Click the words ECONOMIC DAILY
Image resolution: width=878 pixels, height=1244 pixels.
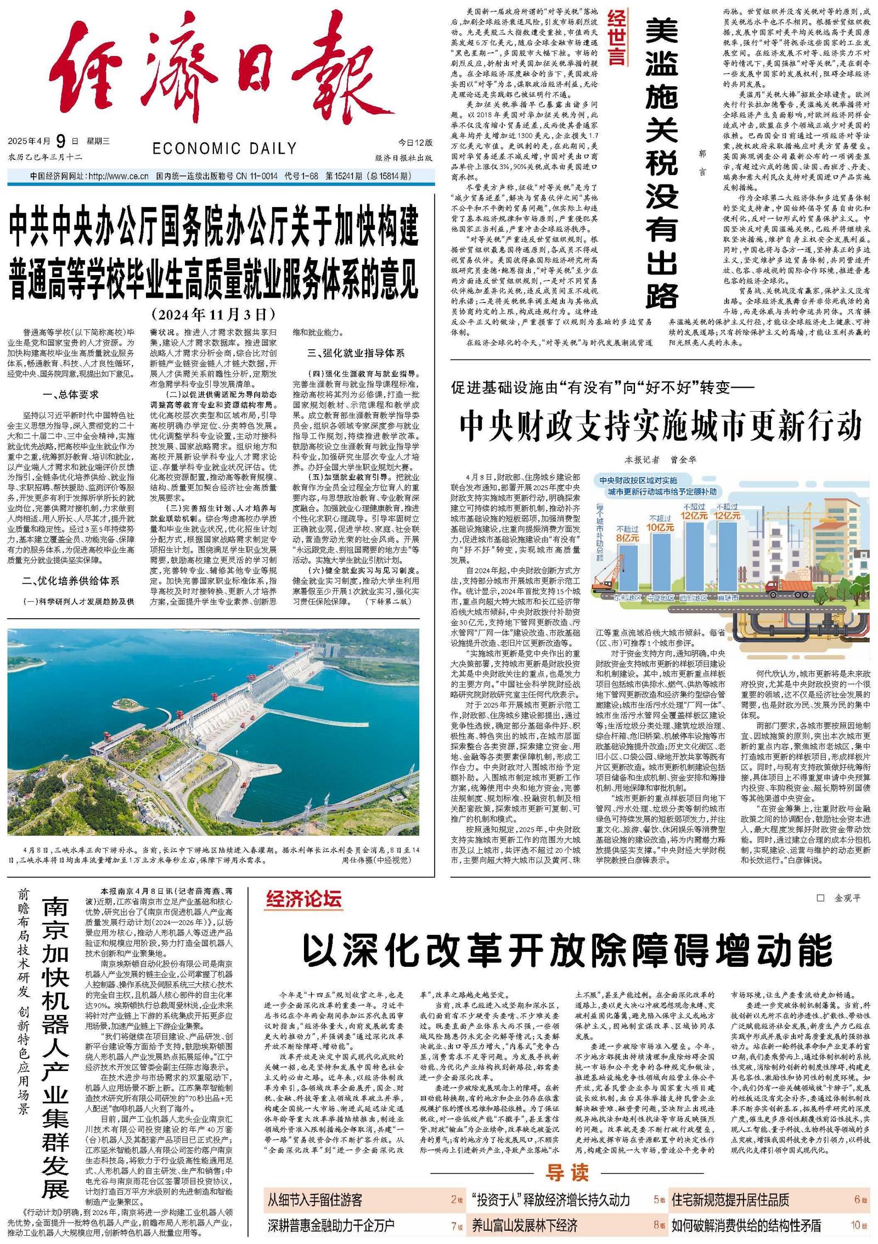click(224, 148)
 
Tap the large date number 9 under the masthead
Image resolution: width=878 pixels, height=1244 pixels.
click(60, 141)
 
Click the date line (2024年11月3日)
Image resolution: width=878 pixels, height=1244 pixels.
click(214, 314)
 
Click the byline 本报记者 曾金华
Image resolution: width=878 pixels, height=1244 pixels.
click(660, 460)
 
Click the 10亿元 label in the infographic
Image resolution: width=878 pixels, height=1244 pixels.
click(660, 526)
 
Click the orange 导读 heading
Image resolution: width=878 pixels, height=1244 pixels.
click(567, 1172)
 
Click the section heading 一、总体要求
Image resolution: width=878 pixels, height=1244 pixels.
click(71, 394)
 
